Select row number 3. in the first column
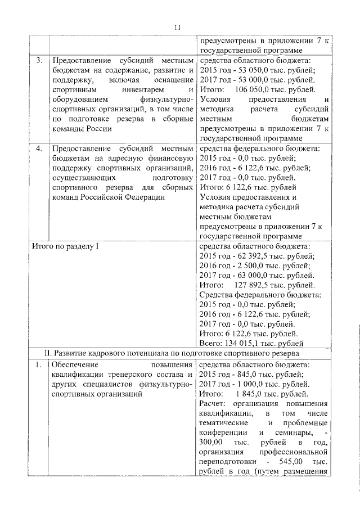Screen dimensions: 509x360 pyautogui.click(x=38, y=60)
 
